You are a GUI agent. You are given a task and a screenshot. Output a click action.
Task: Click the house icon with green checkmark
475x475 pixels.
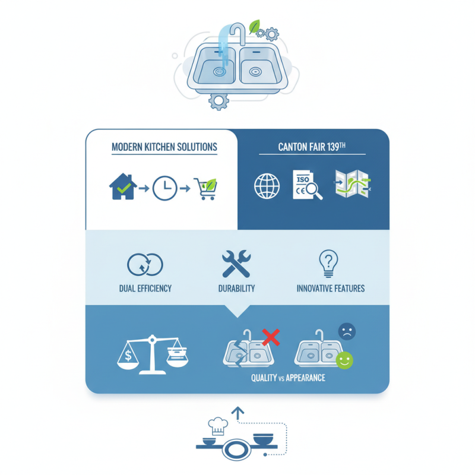pyautogui.click(x=123, y=186)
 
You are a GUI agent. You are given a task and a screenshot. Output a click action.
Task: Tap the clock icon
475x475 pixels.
pyautogui.click(x=164, y=188)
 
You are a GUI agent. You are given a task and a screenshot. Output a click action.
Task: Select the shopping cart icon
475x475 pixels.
pyautogui.click(x=205, y=188)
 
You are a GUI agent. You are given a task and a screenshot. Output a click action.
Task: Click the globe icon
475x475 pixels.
pyautogui.click(x=267, y=186)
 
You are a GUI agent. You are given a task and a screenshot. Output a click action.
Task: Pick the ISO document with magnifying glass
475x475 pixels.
pyautogui.click(x=307, y=185)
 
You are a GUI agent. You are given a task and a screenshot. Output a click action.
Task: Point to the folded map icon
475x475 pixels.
pyautogui.click(x=353, y=183)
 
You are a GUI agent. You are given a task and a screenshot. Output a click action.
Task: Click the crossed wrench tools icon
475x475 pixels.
pyautogui.click(x=236, y=264)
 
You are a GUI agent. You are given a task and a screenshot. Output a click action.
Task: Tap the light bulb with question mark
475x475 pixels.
pyautogui.click(x=328, y=263)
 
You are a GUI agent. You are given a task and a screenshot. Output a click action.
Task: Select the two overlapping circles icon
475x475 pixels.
pyautogui.click(x=145, y=264)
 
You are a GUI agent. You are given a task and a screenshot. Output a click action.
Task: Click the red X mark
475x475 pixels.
pyautogui.click(x=271, y=337)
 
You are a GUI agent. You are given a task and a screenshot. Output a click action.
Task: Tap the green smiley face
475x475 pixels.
pyautogui.click(x=344, y=360)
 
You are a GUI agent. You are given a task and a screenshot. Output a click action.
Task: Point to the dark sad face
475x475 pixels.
pyautogui.click(x=347, y=331)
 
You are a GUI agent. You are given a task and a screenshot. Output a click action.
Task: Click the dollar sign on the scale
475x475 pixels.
pyautogui.click(x=128, y=355)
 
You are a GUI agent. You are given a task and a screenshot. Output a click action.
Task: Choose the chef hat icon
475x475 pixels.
pyautogui.click(x=218, y=426)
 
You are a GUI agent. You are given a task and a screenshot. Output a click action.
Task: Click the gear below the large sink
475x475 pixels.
pyautogui.click(x=218, y=102)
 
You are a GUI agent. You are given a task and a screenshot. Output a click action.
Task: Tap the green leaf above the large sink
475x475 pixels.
pyautogui.click(x=254, y=27)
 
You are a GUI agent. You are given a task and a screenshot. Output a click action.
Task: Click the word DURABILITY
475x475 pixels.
pyautogui.click(x=236, y=289)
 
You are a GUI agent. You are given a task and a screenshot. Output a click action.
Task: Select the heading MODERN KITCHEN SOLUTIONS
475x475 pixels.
pyautogui.click(x=164, y=147)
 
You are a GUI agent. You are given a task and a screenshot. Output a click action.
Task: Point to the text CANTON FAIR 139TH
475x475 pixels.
pyautogui.click(x=312, y=147)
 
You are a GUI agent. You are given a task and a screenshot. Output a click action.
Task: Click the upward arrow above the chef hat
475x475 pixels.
pyautogui.click(x=238, y=413)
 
